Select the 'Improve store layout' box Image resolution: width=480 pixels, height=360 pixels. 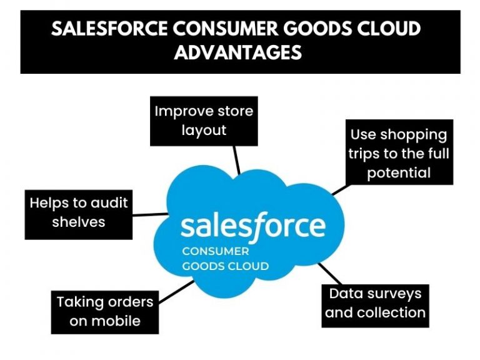point(204,121)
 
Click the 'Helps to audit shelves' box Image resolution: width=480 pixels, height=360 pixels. point(79,212)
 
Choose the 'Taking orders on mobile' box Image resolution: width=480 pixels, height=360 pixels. point(104,311)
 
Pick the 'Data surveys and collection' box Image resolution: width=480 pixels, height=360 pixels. point(375,303)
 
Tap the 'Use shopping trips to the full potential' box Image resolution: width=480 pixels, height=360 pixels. point(398,153)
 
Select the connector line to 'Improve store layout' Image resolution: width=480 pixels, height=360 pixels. point(236,160)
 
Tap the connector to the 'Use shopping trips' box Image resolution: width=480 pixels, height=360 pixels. point(339,189)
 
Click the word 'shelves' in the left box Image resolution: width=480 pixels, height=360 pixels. point(79,222)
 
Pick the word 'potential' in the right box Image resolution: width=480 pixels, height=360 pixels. point(399,172)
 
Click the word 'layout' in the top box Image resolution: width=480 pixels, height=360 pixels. point(204,131)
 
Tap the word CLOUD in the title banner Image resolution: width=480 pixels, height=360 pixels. point(387,29)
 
